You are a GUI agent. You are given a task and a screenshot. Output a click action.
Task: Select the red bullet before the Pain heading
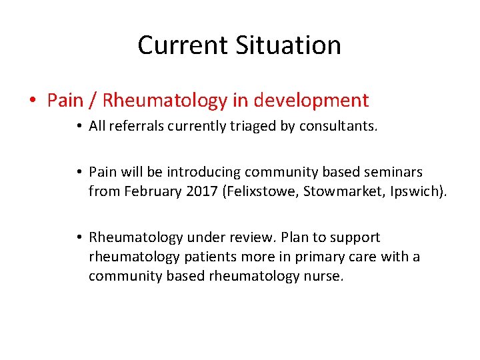[x=33, y=101]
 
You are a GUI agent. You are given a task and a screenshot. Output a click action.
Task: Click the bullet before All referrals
[x=79, y=127]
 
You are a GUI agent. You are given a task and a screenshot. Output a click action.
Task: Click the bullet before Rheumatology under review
[x=79, y=237]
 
